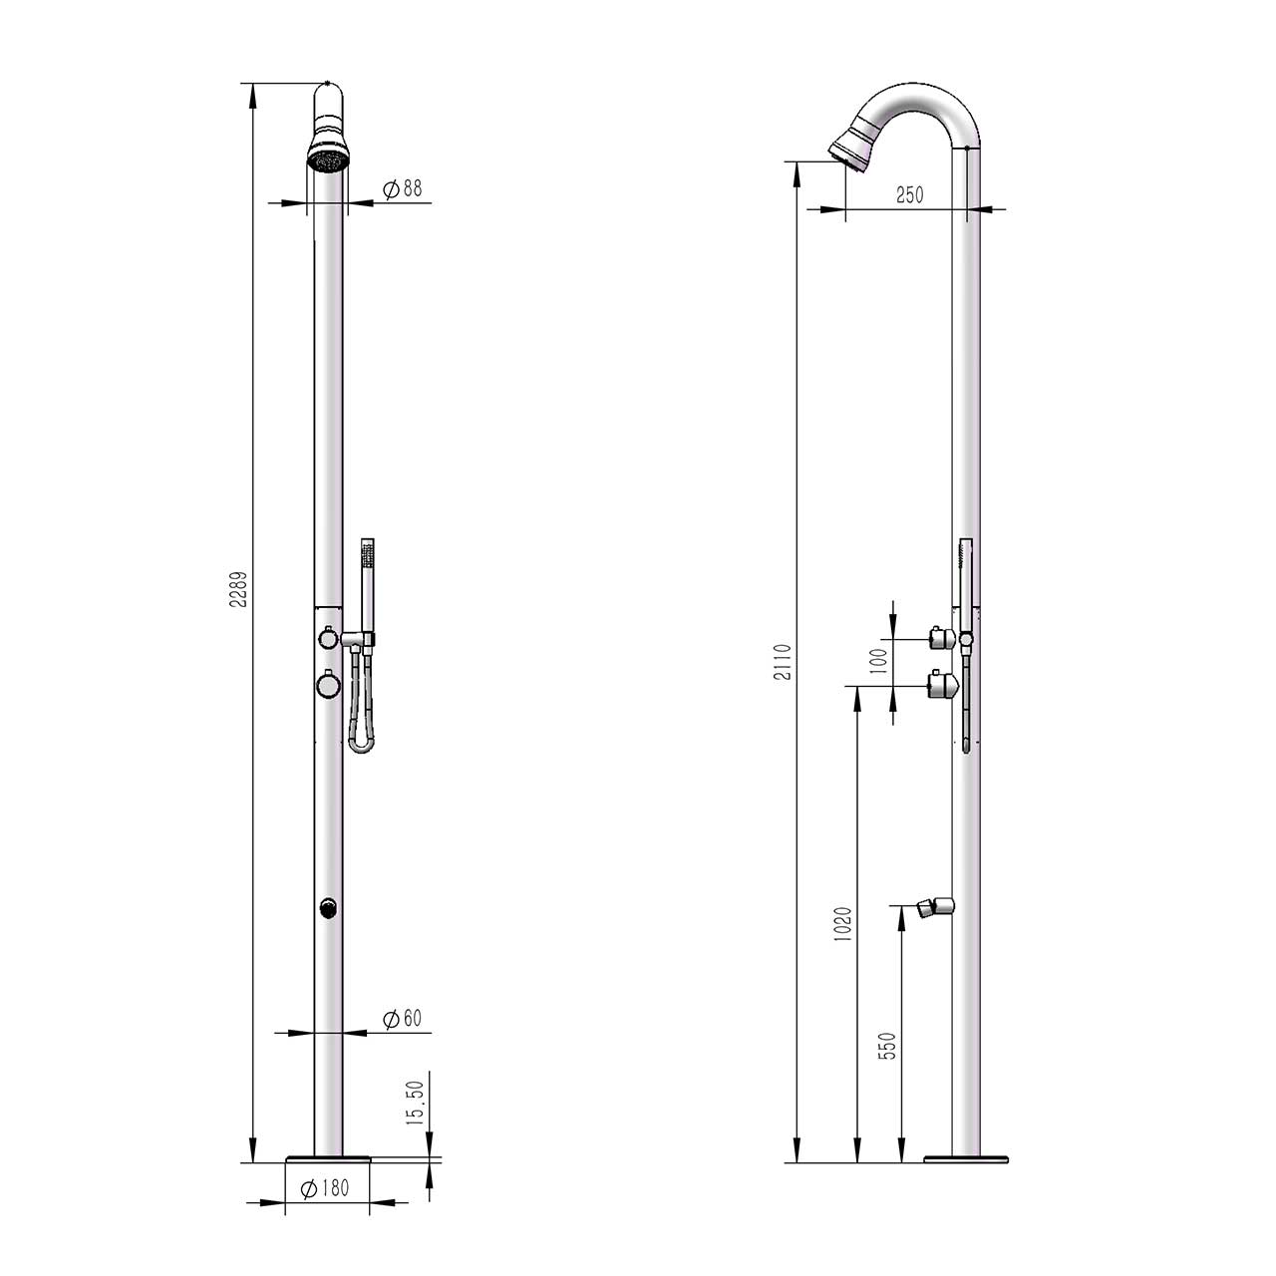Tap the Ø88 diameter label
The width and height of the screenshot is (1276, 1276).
pos(402,188)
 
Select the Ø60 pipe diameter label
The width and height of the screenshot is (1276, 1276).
pos(402,1018)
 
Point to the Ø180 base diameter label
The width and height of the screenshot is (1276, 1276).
pos(326,1188)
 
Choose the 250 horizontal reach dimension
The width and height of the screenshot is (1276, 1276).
pos(908,195)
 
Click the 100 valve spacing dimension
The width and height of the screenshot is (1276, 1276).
pos(878,661)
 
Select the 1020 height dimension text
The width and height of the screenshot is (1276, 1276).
pos(843,926)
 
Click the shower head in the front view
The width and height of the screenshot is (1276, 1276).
pos(329,158)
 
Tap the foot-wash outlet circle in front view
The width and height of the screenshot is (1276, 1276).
pos(328,907)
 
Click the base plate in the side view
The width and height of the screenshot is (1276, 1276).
pos(966,1159)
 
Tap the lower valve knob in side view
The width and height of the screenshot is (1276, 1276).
pos(942,684)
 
